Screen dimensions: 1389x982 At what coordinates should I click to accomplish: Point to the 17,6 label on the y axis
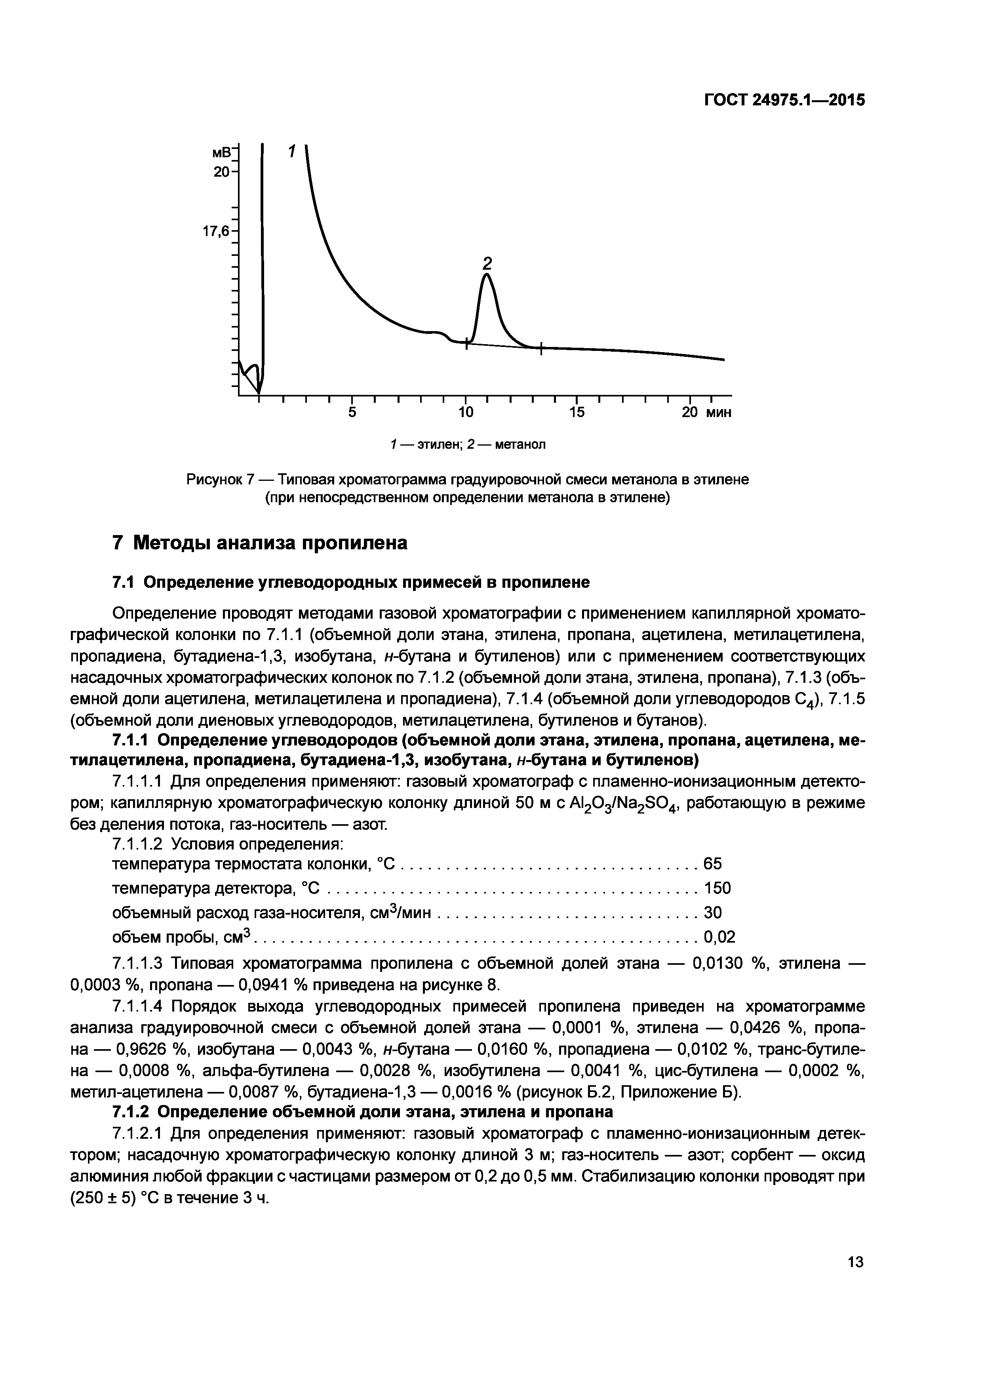(215, 231)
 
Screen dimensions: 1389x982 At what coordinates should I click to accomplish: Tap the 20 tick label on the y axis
(221, 172)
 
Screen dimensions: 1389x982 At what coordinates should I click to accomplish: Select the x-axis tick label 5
(352, 413)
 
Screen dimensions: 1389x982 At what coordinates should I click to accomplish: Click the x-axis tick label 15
(577, 413)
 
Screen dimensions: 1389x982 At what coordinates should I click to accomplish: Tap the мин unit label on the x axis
(718, 413)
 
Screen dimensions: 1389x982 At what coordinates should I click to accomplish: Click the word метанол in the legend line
(520, 445)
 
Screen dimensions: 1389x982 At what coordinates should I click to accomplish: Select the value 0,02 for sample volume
(719, 937)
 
